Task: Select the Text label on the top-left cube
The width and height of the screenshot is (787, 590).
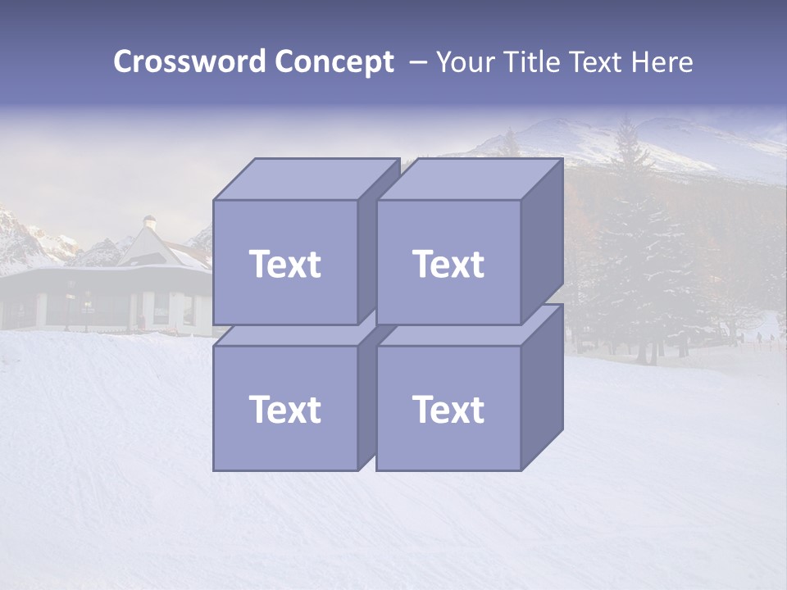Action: pyautogui.click(x=285, y=264)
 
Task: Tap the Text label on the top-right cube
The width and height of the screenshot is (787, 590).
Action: pyautogui.click(x=448, y=264)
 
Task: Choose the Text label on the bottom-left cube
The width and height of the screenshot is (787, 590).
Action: pyautogui.click(x=285, y=409)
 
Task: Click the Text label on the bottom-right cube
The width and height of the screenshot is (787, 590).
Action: pyautogui.click(x=448, y=409)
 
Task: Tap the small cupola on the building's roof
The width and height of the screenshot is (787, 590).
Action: pyautogui.click(x=149, y=222)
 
